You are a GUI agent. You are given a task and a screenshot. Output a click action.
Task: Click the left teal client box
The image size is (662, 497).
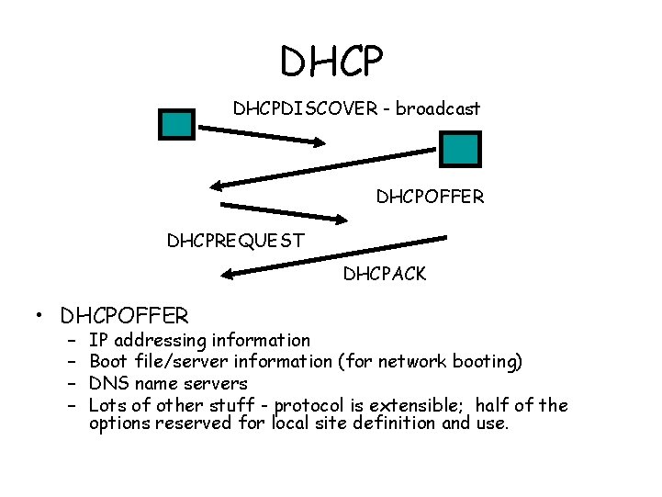point(177,124)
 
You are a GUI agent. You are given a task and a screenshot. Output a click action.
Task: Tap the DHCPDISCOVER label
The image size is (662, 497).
point(305,108)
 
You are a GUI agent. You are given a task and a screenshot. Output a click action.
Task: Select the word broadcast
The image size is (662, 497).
point(438,108)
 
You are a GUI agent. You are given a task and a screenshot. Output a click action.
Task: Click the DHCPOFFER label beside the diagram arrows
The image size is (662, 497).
point(430,197)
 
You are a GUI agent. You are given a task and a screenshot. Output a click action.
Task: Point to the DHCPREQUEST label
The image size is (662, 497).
point(235,242)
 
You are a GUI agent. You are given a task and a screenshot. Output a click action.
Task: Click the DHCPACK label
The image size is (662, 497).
point(385,273)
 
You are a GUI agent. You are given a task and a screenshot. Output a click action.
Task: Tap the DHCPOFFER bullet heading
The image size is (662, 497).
point(124,317)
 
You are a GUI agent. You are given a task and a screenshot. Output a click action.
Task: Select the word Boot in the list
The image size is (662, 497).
point(108,361)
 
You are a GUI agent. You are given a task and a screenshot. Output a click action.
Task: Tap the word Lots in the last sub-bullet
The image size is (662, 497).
point(107,405)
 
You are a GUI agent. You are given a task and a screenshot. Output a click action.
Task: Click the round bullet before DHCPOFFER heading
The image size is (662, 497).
point(42,318)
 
